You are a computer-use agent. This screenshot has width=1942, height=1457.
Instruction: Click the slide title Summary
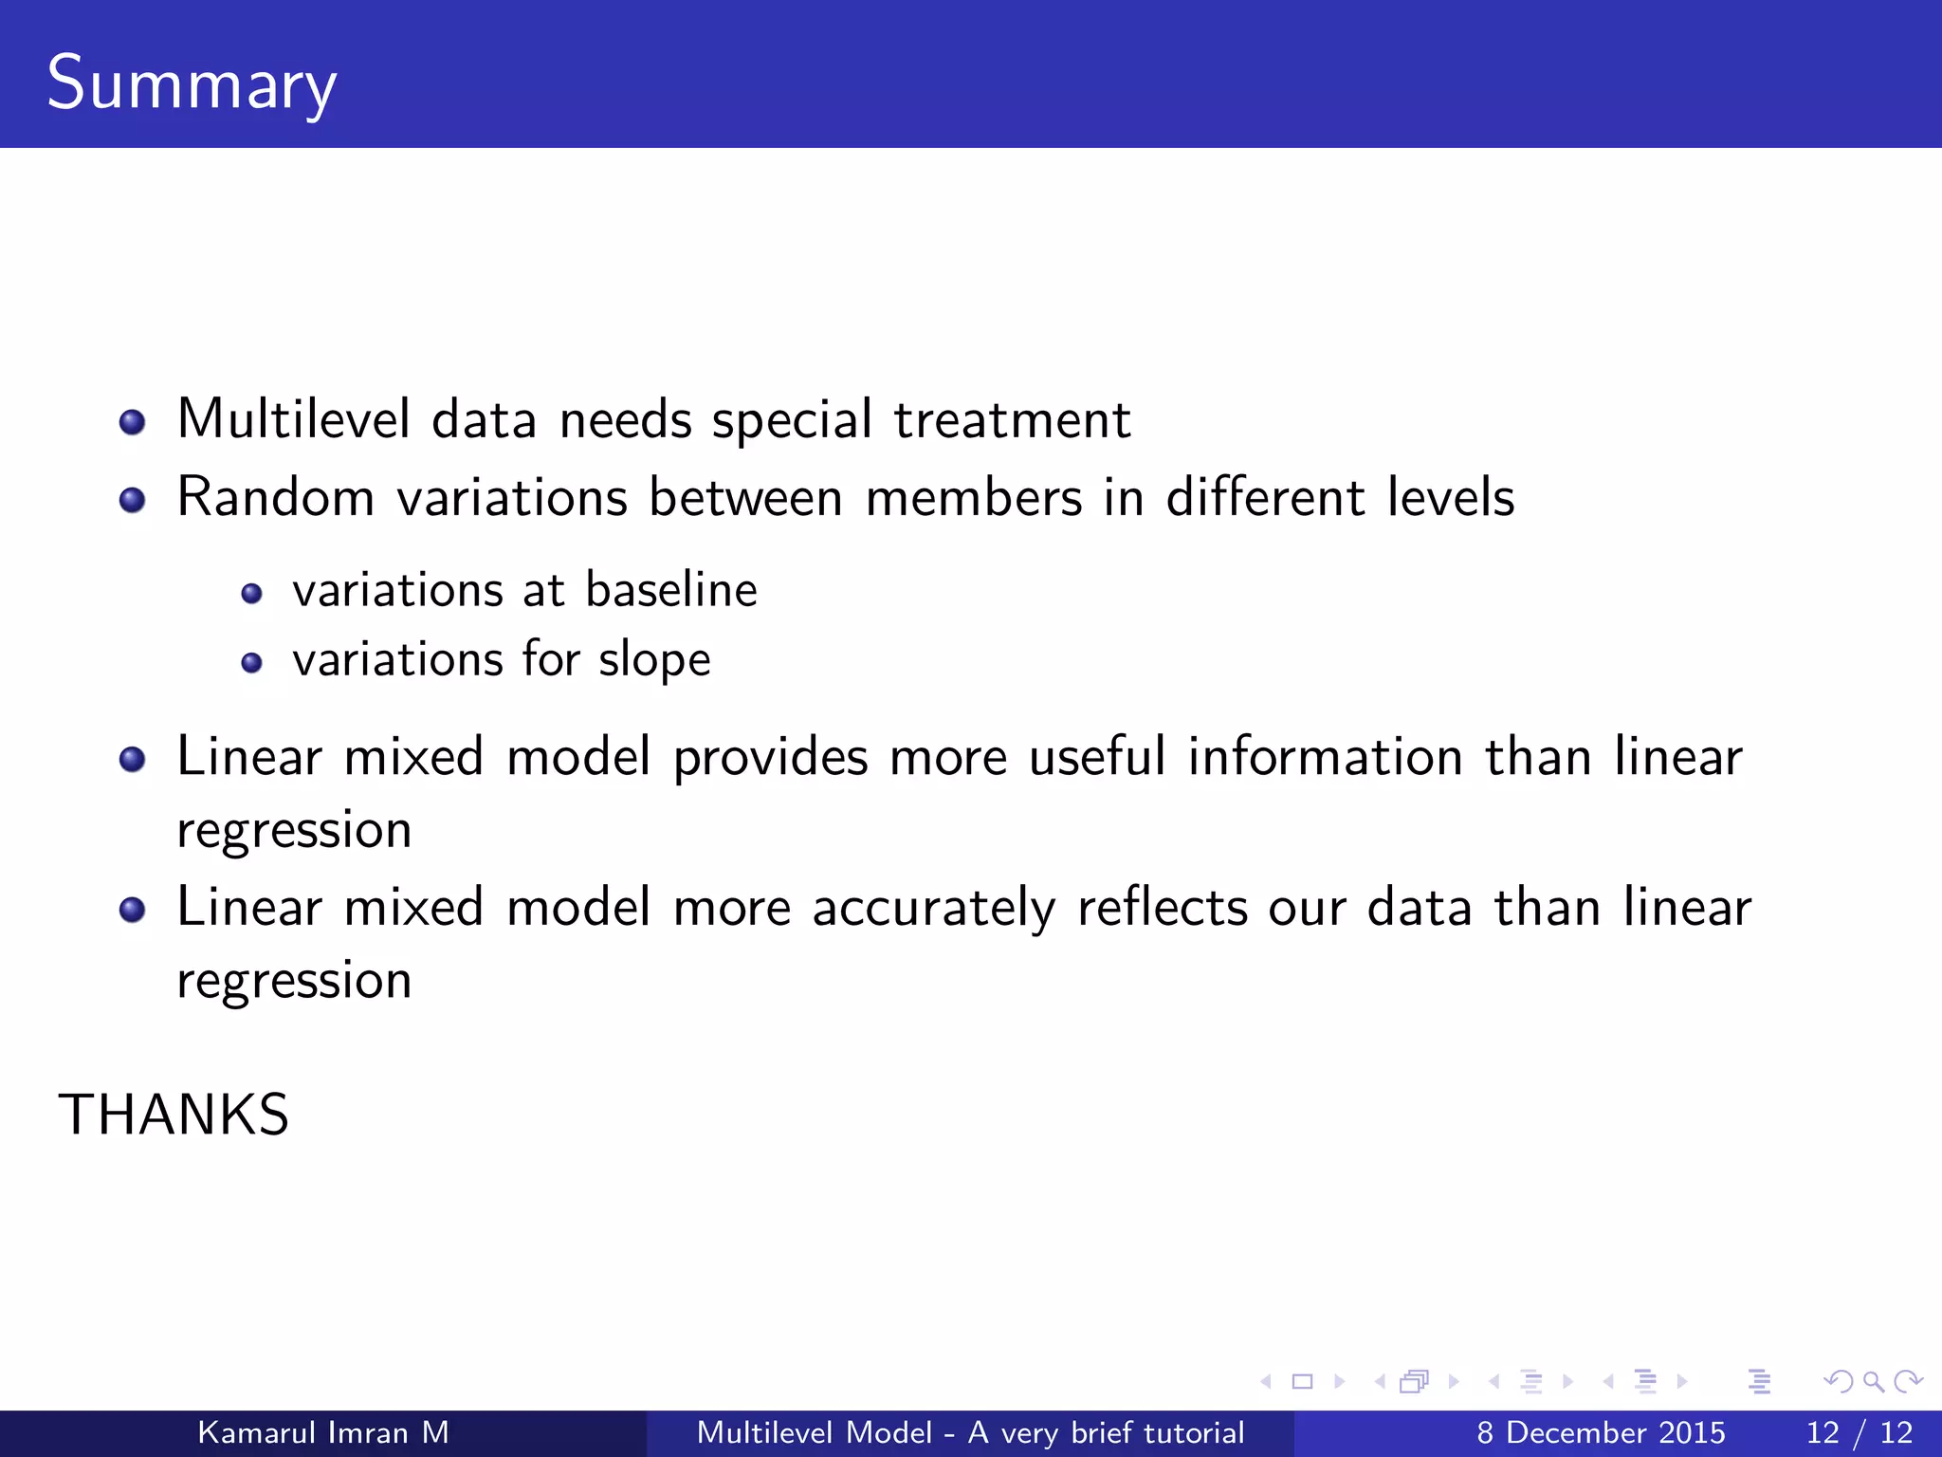click(x=191, y=83)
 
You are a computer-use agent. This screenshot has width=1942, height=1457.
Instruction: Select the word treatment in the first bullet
click(x=1012, y=419)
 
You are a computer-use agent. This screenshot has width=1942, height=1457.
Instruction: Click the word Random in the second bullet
click(x=276, y=497)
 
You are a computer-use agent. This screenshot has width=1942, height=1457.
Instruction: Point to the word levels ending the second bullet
click(x=1450, y=497)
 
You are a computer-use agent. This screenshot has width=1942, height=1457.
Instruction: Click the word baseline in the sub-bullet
click(x=670, y=590)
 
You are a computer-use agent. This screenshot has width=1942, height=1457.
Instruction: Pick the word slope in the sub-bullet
click(x=653, y=660)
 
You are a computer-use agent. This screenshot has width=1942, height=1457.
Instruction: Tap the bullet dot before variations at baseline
click(x=251, y=594)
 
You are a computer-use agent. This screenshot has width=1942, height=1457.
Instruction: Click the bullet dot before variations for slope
click(x=251, y=663)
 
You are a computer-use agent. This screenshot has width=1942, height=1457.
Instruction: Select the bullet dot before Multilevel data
click(x=133, y=422)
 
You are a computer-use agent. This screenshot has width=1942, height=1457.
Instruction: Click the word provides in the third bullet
click(x=770, y=758)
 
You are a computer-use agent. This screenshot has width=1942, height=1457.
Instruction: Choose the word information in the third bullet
click(x=1325, y=758)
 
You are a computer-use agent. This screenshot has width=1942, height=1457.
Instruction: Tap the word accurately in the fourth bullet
click(x=933, y=908)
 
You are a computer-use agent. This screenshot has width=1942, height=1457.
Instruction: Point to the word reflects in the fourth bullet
click(x=1162, y=908)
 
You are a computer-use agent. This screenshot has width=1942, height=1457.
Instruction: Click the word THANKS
click(x=174, y=1115)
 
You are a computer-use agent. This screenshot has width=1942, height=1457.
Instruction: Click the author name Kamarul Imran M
click(x=322, y=1432)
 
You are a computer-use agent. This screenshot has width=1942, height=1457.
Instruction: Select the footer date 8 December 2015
click(x=1601, y=1432)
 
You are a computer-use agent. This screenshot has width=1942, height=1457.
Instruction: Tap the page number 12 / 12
click(x=1859, y=1432)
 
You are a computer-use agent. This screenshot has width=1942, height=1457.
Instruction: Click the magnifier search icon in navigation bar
click(x=1873, y=1382)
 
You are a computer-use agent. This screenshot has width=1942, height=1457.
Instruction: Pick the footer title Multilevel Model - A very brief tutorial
click(x=970, y=1432)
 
